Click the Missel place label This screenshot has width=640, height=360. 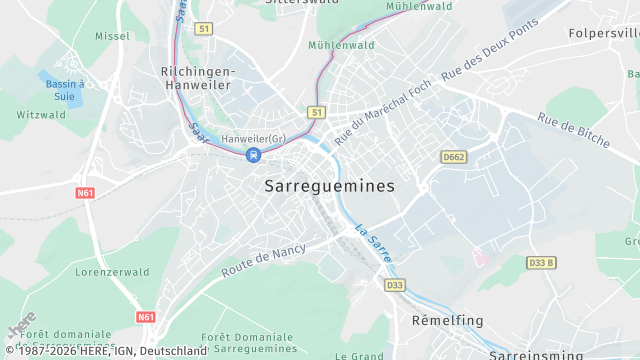tap(112, 35)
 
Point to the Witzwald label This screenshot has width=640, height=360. tap(41, 114)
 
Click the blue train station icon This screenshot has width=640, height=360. tap(254, 154)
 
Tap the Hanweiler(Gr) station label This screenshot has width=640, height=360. tap(254, 137)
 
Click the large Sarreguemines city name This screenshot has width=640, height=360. tap(330, 186)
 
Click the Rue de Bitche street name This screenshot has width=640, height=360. tap(573, 131)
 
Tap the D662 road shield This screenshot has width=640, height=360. tap(453, 156)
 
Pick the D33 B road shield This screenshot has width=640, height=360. tap(541, 263)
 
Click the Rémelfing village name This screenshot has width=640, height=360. tap(448, 320)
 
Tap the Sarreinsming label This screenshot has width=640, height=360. tap(538, 354)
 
